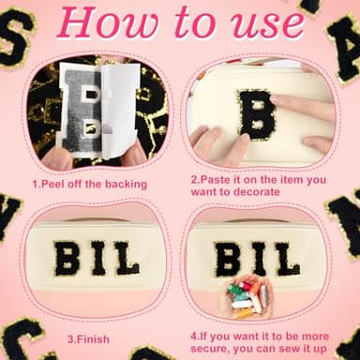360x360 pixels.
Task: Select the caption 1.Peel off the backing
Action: pos(82,184)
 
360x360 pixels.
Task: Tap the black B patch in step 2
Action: pos(254,113)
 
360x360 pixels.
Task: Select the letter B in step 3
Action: pos(67,258)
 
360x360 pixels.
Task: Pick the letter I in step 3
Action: pos(97,258)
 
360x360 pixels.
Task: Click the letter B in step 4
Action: pos(227,258)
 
